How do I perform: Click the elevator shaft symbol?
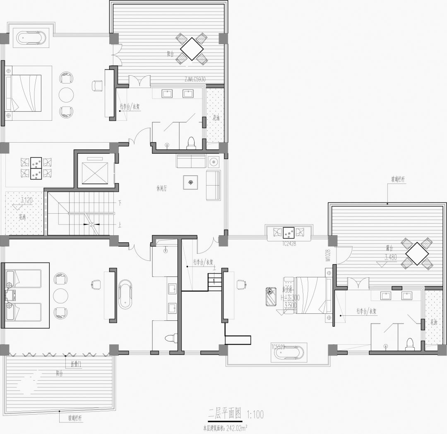[x=95, y=172]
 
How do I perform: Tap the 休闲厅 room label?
[x=161, y=188]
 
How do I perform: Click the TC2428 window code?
[x=289, y=243]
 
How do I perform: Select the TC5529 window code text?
[x=278, y=347]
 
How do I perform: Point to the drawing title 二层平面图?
[x=225, y=413]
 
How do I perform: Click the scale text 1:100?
[x=255, y=414]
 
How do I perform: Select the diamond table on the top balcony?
[x=191, y=49]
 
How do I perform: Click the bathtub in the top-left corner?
[x=33, y=38]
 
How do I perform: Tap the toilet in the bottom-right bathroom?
[x=410, y=344]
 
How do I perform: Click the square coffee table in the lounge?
[x=190, y=182]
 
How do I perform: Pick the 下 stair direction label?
[x=119, y=203]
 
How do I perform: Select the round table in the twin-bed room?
[x=61, y=296]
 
